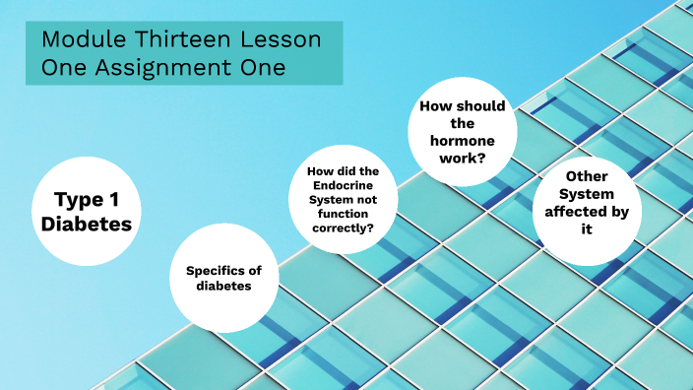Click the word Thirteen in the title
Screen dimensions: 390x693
tap(174, 41)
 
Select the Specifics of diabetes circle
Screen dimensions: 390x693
tap(223, 278)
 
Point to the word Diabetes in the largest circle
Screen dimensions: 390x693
tap(87, 224)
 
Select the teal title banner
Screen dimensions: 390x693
tap(184, 54)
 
